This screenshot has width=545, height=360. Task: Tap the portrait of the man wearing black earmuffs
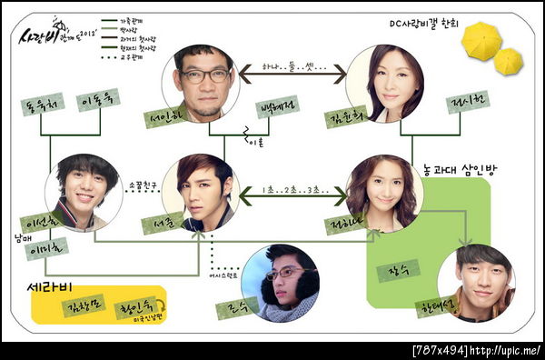280,283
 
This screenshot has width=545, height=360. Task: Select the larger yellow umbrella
481,41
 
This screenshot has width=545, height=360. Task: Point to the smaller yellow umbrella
508,61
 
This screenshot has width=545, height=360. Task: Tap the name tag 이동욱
97,101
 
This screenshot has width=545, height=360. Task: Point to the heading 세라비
47,289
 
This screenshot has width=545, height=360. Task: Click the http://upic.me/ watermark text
505,350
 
